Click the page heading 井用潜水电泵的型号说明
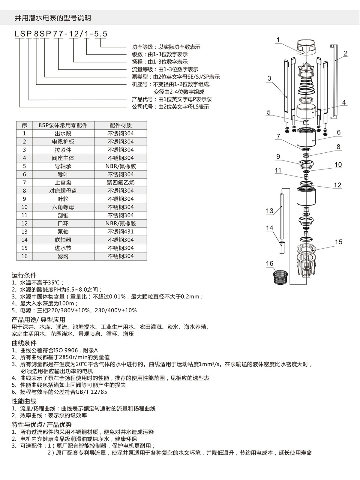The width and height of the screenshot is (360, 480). tap(53, 18)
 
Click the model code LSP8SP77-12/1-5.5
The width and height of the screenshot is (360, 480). tap(61, 34)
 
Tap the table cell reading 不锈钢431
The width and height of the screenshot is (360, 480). tap(121, 232)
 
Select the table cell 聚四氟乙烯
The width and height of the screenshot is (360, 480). tap(121, 182)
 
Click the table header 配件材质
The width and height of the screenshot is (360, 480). tap(121, 125)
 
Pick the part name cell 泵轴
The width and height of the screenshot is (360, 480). tap(63, 232)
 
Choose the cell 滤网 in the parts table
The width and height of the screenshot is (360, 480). tap(63, 256)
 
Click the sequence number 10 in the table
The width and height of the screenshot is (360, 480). tap(25, 207)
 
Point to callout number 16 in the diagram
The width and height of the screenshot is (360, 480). tap(270, 263)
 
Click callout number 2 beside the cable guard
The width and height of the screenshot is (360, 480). tap(346, 54)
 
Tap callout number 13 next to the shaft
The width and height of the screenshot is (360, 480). tap(270, 211)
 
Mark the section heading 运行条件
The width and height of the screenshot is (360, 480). tap(24, 275)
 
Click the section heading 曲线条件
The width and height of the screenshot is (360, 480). tap(24, 343)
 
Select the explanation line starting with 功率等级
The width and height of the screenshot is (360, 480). tap(166, 47)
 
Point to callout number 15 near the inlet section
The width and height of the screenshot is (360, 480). tap(338, 242)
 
